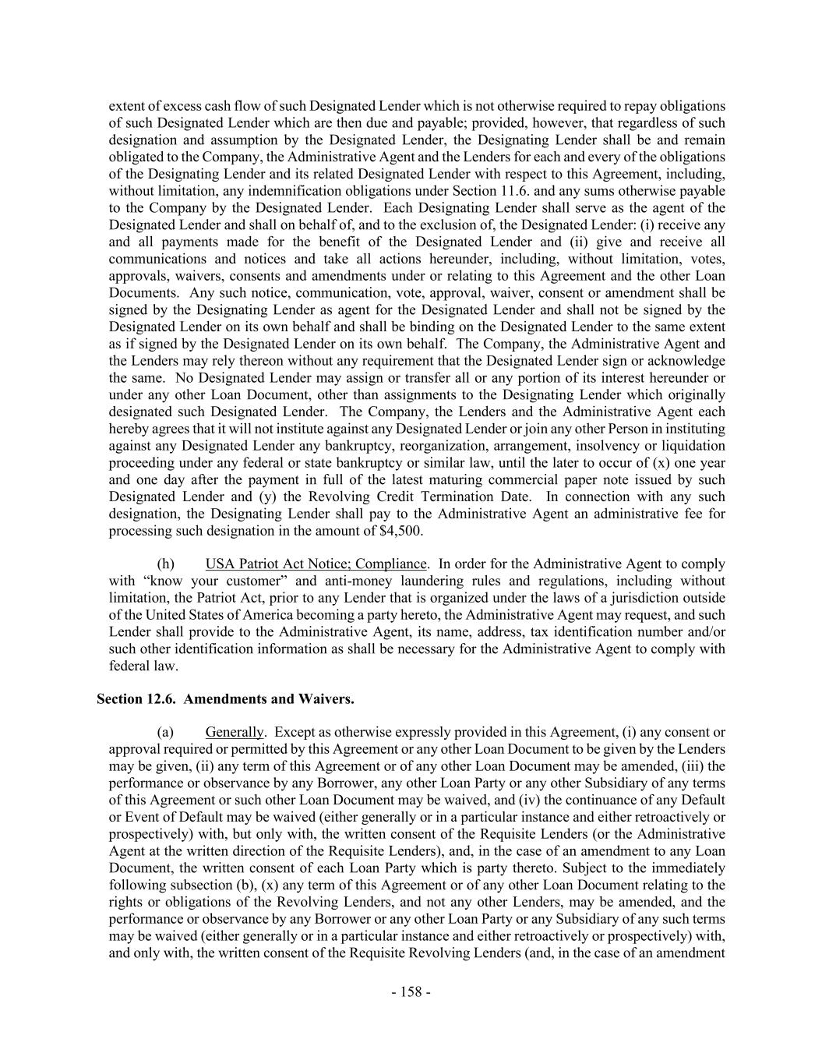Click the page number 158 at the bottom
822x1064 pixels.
pyautogui.click(x=411, y=992)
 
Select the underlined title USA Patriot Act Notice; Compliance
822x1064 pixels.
pyautogui.click(x=316, y=564)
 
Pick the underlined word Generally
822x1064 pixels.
pyautogui.click(x=235, y=732)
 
